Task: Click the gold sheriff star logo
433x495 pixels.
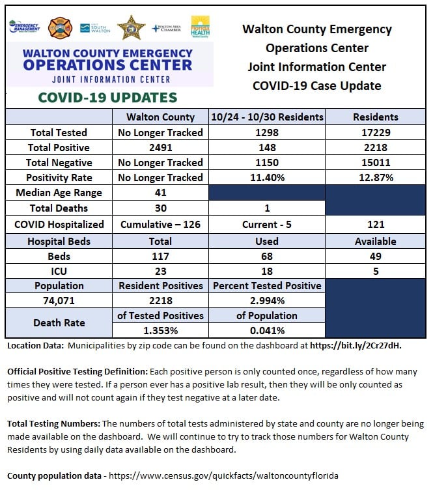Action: click(x=132, y=28)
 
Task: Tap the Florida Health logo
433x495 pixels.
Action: click(x=200, y=27)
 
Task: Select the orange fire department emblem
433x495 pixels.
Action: click(x=60, y=28)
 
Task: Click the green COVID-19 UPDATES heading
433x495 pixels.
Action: click(x=107, y=98)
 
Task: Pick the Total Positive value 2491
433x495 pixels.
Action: click(x=161, y=147)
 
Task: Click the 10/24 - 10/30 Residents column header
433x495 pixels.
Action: click(x=267, y=117)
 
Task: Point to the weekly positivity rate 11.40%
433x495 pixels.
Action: click(x=268, y=178)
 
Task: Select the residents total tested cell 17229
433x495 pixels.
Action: click(x=376, y=132)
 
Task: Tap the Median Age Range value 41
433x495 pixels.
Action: click(x=161, y=193)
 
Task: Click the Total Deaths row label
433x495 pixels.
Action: click(x=59, y=208)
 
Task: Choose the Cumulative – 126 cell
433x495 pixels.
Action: click(x=160, y=225)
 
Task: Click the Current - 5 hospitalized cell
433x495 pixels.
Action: click(x=267, y=225)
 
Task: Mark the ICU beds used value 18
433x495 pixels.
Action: click(x=267, y=271)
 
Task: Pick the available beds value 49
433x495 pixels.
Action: click(x=376, y=257)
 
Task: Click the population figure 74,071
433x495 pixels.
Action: click(x=59, y=300)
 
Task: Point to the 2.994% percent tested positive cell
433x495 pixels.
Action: click(x=268, y=300)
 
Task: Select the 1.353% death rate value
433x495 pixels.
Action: click(x=161, y=330)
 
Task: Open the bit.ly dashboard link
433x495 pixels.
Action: click(x=356, y=346)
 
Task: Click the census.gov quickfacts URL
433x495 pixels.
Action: click(x=223, y=475)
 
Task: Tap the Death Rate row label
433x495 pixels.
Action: click(x=59, y=323)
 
